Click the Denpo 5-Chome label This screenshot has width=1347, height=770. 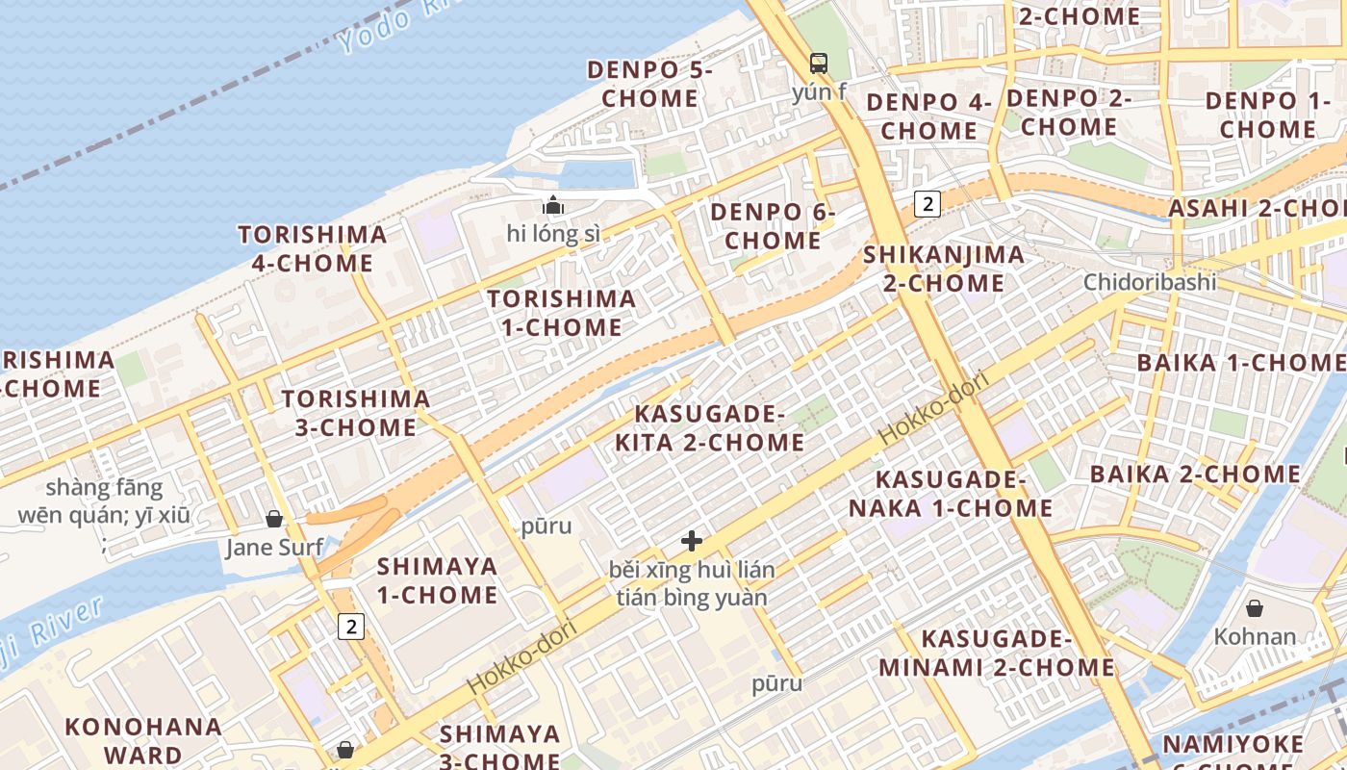click(x=650, y=84)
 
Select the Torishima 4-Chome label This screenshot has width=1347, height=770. click(x=313, y=248)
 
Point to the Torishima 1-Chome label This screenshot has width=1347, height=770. click(x=561, y=313)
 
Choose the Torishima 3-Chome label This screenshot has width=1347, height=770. click(x=355, y=413)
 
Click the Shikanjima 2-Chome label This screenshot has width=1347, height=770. click(x=944, y=269)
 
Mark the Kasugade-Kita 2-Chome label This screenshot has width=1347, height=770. click(x=720, y=428)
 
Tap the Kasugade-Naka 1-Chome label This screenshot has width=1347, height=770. click(x=951, y=494)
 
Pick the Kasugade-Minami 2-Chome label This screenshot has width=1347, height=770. click(x=996, y=653)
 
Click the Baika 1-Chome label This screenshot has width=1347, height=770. click(x=1240, y=363)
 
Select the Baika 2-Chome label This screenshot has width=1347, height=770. click(x=1195, y=474)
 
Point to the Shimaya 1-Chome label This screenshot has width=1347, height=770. click(x=437, y=580)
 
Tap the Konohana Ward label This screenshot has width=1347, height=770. click(x=143, y=740)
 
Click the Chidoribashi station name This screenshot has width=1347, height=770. click(x=1150, y=282)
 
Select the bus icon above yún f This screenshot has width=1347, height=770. click(x=819, y=64)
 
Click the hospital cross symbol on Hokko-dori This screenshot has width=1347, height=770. click(x=691, y=541)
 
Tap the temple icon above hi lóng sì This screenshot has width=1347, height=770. click(x=553, y=204)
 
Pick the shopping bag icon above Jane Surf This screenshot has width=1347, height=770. click(x=274, y=520)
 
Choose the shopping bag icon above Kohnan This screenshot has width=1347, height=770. click(x=1255, y=608)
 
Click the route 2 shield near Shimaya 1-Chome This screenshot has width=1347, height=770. click(x=351, y=627)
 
